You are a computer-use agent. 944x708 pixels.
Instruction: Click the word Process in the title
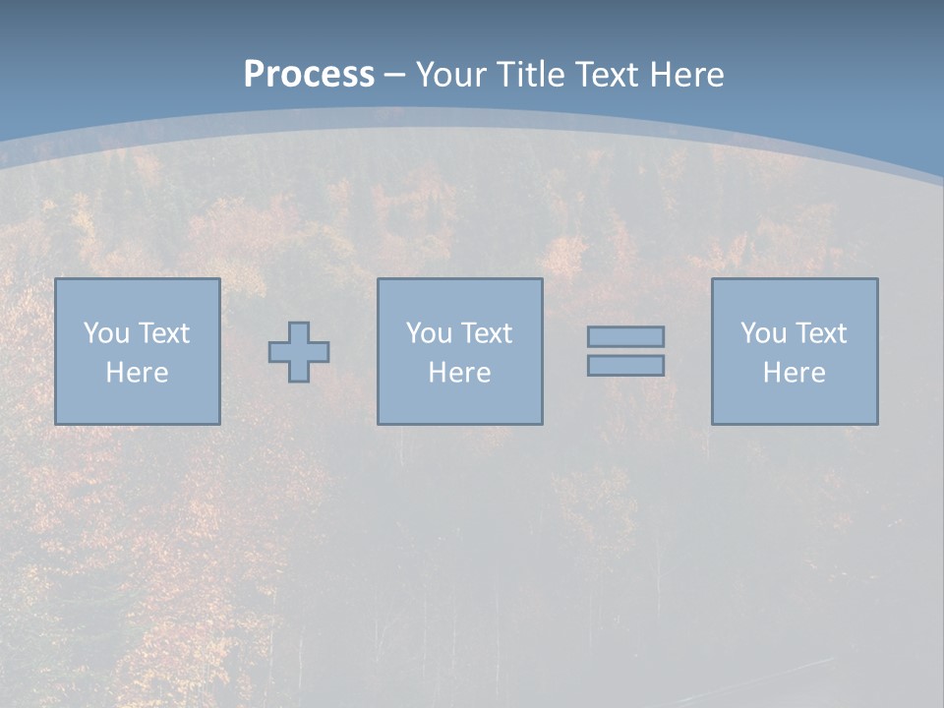[x=309, y=74]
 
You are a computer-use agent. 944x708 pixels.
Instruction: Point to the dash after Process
[x=395, y=75]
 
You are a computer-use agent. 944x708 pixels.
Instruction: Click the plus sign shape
[x=299, y=351]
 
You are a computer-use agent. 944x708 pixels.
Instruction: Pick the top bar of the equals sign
[x=625, y=336]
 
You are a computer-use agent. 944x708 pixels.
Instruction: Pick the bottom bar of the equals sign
[x=625, y=365]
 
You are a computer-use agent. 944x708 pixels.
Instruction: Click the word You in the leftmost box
[x=106, y=333]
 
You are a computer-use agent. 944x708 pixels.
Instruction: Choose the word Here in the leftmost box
[x=138, y=373]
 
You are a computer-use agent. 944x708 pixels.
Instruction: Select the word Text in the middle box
[x=486, y=333]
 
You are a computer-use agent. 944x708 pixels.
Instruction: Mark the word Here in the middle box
[x=460, y=373]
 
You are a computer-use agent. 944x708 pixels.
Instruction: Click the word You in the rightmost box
[x=763, y=333]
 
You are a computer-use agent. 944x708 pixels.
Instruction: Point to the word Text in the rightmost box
[x=820, y=333]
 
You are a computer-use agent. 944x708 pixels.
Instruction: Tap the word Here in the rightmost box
[x=795, y=373]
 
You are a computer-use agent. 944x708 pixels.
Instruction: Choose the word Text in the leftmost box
[x=163, y=333]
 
